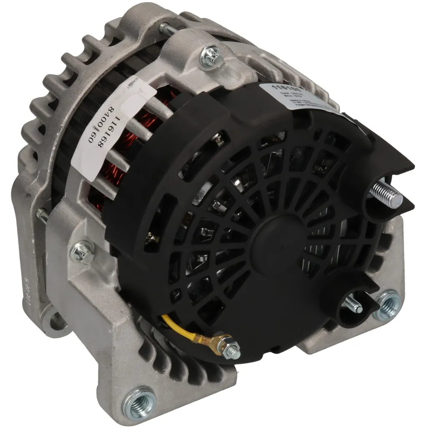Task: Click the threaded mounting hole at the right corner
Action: point(387,305)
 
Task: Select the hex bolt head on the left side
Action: point(83,253)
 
